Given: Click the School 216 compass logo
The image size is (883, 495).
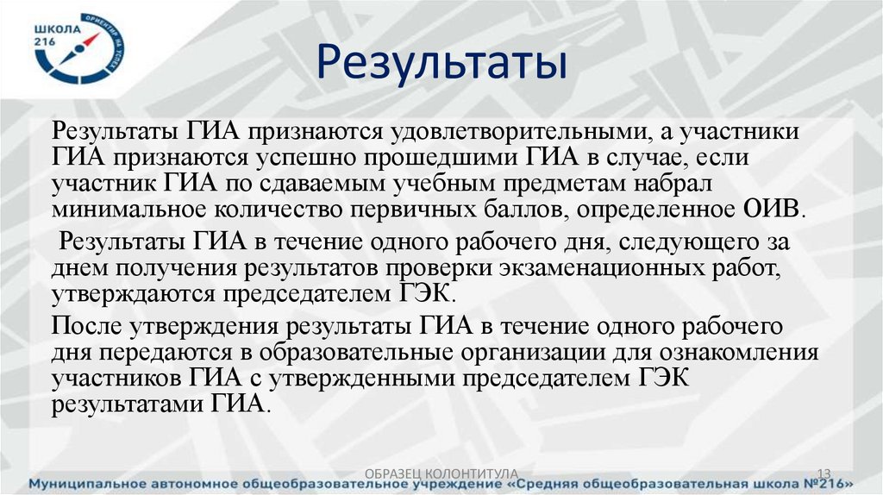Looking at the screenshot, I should coord(78,47).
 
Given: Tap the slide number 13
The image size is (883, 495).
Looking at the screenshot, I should coord(824,473).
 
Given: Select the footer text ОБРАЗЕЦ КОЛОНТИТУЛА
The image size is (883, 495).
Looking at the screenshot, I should coord(441,473).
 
